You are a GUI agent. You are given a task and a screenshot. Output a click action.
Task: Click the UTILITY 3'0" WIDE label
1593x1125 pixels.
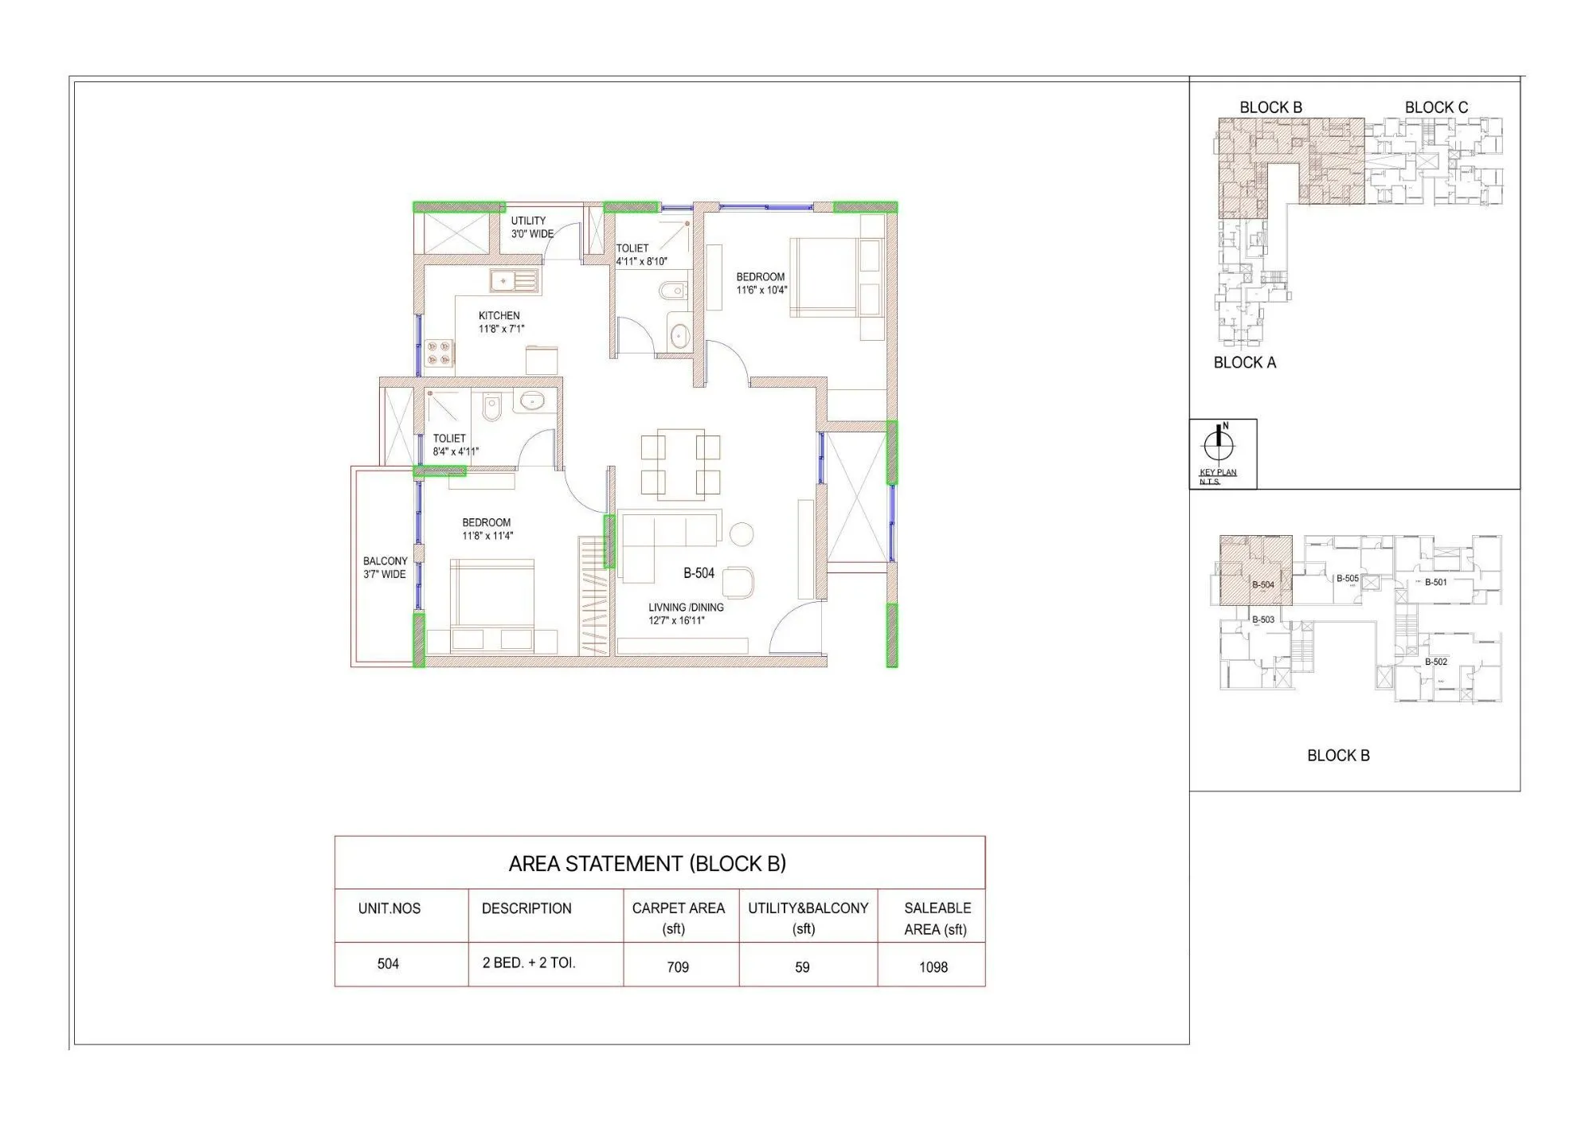[x=530, y=227]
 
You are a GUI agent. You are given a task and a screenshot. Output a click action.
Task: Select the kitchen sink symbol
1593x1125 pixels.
[x=513, y=280]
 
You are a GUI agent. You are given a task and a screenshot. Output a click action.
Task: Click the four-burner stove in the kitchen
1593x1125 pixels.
[x=439, y=353]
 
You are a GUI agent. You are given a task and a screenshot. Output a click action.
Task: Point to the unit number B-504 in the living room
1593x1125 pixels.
[x=699, y=573]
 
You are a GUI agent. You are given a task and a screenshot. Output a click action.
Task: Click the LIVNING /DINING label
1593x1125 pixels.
[x=686, y=607]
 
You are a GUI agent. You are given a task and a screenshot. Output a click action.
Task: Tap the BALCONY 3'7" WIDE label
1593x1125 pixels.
[x=385, y=568]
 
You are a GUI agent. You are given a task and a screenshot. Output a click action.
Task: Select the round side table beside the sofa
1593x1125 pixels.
[x=742, y=533]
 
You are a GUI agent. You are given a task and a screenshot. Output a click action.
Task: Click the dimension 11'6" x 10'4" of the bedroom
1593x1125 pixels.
[x=761, y=291]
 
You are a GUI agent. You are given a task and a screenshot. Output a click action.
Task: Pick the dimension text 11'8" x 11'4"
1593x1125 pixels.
[x=487, y=536]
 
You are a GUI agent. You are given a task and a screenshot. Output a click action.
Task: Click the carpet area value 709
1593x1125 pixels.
[x=678, y=967]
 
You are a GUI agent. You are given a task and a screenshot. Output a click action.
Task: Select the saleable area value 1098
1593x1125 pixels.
[x=933, y=967]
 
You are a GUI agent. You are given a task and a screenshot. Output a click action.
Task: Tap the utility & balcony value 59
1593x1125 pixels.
[x=802, y=967]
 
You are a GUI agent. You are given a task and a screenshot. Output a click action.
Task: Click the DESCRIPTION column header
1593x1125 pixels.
[x=526, y=908]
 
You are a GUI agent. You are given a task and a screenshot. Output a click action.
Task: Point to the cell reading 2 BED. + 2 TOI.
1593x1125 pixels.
[x=529, y=963]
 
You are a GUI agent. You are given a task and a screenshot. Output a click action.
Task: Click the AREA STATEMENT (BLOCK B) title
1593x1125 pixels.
[x=647, y=864]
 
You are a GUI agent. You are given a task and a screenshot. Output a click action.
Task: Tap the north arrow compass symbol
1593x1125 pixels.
[x=1217, y=443]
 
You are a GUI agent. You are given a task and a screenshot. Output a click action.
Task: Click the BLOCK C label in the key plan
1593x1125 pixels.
[x=1436, y=107]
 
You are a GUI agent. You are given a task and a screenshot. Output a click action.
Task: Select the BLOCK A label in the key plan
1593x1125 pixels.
[x=1244, y=363]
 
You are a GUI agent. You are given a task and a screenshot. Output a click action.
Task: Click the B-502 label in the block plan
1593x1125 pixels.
[x=1436, y=662]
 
